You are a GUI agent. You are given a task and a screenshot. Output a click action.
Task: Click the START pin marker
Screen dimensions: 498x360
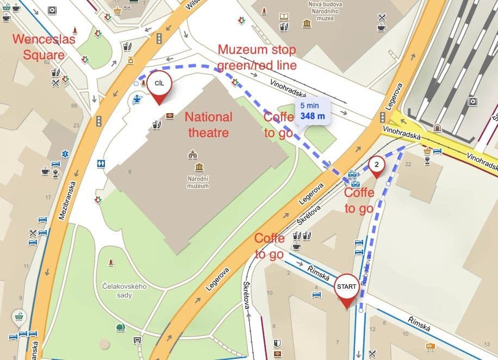346,287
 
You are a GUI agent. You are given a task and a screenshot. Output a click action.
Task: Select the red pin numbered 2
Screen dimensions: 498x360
377,164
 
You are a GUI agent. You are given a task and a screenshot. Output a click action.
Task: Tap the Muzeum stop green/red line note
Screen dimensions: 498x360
257,58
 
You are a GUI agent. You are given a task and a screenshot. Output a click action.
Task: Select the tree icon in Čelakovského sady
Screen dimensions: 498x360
120,327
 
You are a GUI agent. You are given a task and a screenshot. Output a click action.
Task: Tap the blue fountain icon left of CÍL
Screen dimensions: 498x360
138,99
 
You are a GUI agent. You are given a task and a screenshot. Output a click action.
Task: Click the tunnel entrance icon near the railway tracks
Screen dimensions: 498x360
437,127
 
